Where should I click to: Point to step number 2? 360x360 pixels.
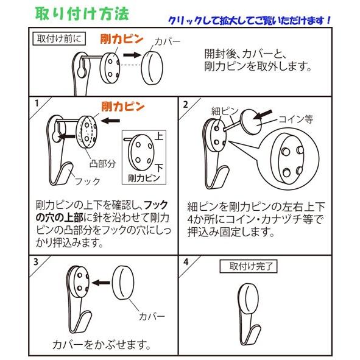pos(186,104)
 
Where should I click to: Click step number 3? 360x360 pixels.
pos(37,262)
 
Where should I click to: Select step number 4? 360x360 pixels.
pos(186,262)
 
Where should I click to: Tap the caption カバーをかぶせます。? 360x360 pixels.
pos(102,344)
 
